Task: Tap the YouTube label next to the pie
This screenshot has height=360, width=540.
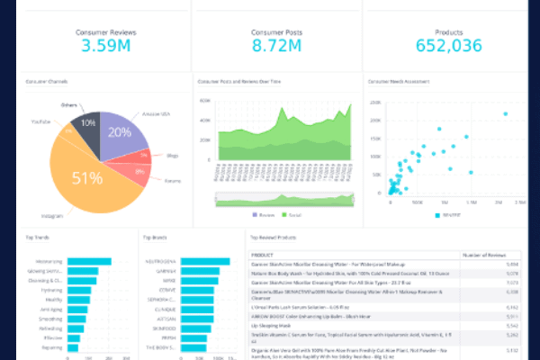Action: coord(41,121)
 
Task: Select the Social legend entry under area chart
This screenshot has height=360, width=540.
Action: coord(293,215)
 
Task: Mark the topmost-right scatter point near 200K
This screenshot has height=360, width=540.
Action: coord(506,114)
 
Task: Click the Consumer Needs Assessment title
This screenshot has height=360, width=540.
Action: coord(398,82)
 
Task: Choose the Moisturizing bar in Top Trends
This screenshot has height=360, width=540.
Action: coord(90,262)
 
